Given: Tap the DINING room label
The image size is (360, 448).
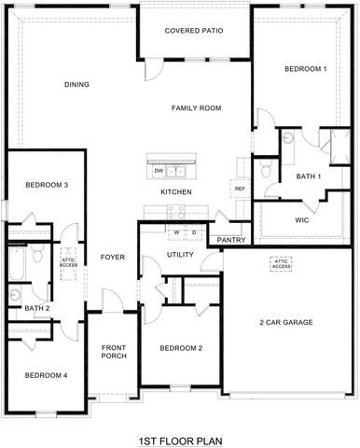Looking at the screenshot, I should (x=76, y=85).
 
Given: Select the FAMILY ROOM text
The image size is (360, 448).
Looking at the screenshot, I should (x=196, y=108).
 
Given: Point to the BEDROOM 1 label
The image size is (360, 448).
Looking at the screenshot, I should (x=305, y=70).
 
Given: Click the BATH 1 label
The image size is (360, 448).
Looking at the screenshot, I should (x=308, y=176).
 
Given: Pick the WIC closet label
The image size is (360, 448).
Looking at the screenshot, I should (x=301, y=220).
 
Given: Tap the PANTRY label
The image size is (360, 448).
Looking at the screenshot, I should (x=231, y=240).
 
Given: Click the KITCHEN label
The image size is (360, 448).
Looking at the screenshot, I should (x=176, y=192).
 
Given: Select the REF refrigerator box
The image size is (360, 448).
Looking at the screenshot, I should (x=240, y=189).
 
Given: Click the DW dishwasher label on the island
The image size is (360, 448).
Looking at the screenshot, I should (x=159, y=171).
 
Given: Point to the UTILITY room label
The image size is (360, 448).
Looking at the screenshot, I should (x=179, y=254).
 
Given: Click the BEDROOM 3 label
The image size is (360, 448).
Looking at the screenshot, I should (x=47, y=185).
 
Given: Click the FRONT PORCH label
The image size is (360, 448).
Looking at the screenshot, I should (x=114, y=352).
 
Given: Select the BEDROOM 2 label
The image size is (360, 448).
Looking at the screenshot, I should (x=181, y=348).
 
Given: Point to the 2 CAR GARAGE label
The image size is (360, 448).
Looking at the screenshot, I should (x=285, y=323).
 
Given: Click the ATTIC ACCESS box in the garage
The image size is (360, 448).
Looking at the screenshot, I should (x=283, y=263).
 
